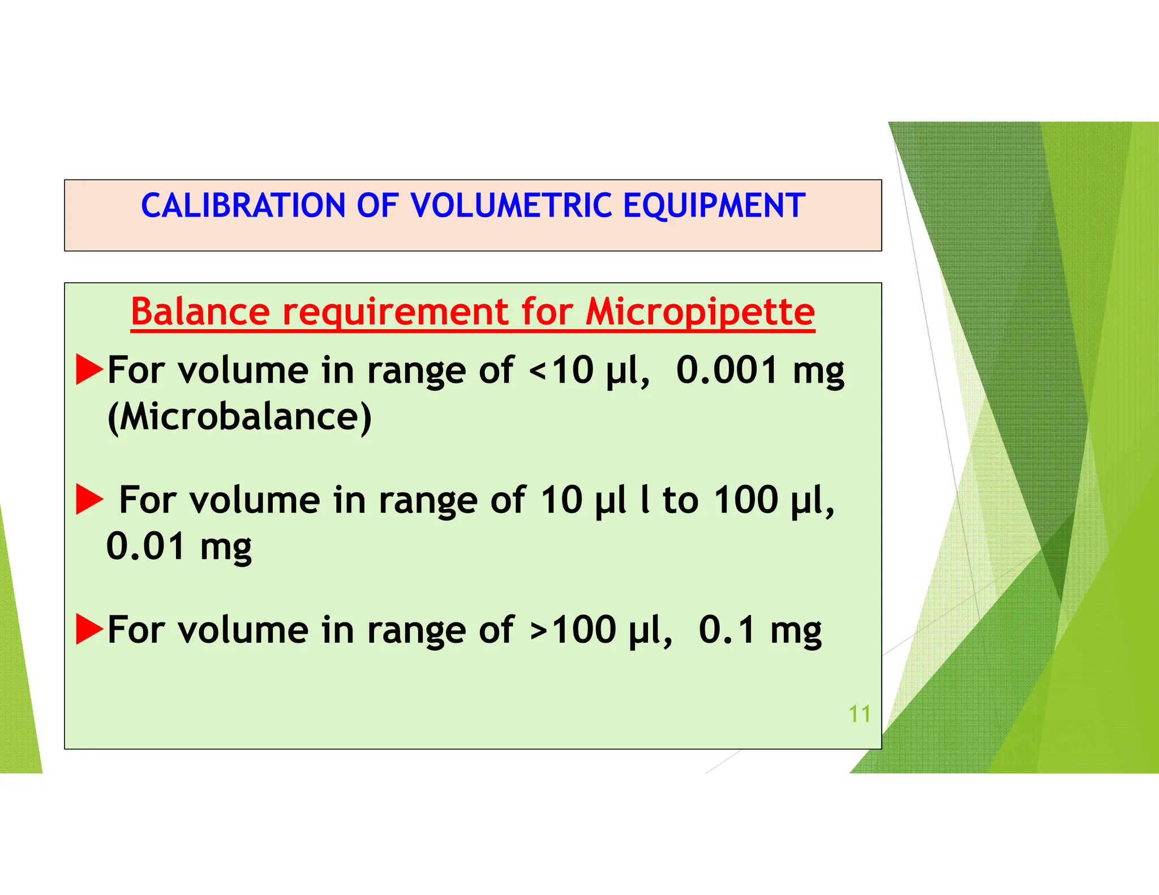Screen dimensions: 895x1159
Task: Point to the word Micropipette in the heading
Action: point(700,313)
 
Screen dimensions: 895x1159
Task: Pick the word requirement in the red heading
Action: point(396,313)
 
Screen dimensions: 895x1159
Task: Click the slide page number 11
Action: point(859,714)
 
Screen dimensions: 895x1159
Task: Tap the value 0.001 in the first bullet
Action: point(727,371)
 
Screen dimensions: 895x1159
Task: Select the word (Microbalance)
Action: point(239,417)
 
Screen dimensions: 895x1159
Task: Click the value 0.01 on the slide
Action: point(145,547)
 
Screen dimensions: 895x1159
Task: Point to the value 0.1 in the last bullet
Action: point(727,630)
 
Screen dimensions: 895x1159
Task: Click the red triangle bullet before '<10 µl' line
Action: point(89,369)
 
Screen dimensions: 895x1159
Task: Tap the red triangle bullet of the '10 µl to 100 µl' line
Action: point(89,500)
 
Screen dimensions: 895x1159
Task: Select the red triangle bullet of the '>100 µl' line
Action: point(89,629)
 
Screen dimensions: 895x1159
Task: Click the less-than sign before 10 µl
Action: point(537,372)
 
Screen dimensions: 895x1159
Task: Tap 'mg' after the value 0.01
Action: point(226,548)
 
